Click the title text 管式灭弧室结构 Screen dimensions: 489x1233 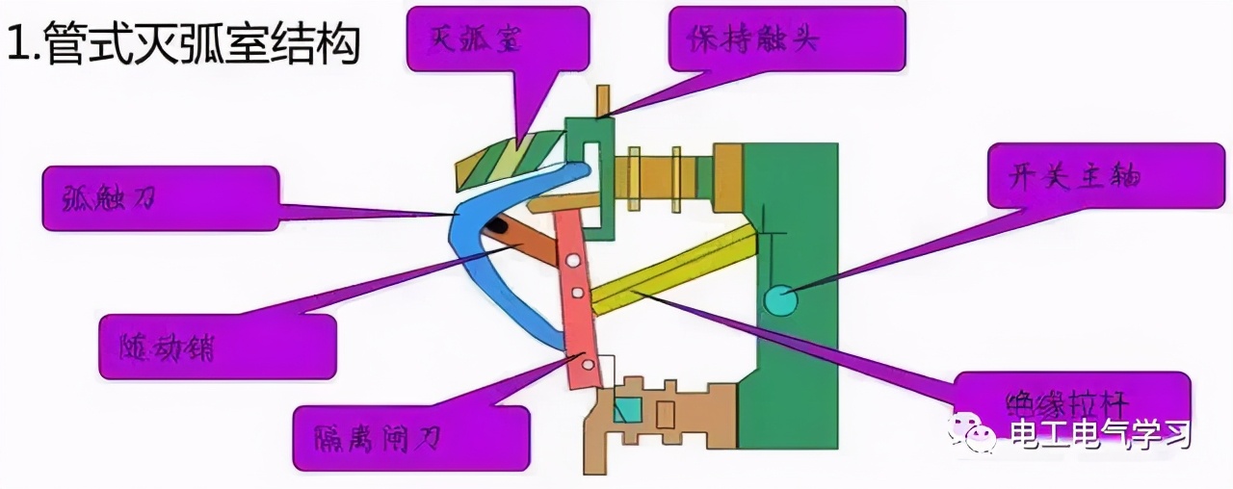click(183, 44)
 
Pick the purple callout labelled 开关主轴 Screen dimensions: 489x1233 click(1108, 173)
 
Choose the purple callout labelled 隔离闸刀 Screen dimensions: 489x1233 click(409, 439)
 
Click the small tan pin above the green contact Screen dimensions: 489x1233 click(603, 100)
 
